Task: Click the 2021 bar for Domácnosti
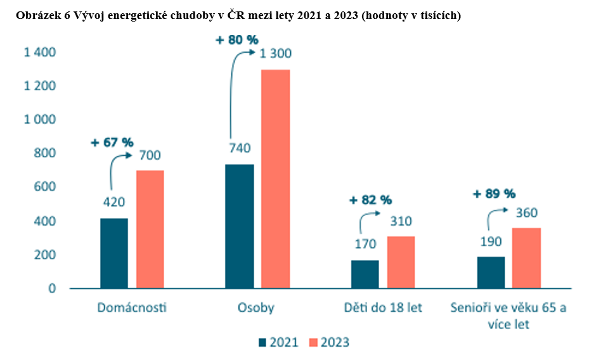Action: coord(114,254)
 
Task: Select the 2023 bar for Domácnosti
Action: coord(150,229)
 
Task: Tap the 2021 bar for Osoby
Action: coord(240,226)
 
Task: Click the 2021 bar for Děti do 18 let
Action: coord(365,274)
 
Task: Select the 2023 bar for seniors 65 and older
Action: coord(527,258)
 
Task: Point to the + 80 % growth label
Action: coord(237,39)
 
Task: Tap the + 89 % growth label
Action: coord(494,194)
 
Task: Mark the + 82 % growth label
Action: coord(371,200)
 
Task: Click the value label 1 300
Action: coord(276,54)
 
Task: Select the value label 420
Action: coord(114,203)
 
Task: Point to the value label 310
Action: coord(401,222)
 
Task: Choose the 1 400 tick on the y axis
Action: coord(40,52)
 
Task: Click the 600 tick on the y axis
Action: coord(44,187)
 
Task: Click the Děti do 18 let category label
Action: coord(384,308)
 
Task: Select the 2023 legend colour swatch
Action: coord(313,342)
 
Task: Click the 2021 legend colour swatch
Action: coord(262,342)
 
